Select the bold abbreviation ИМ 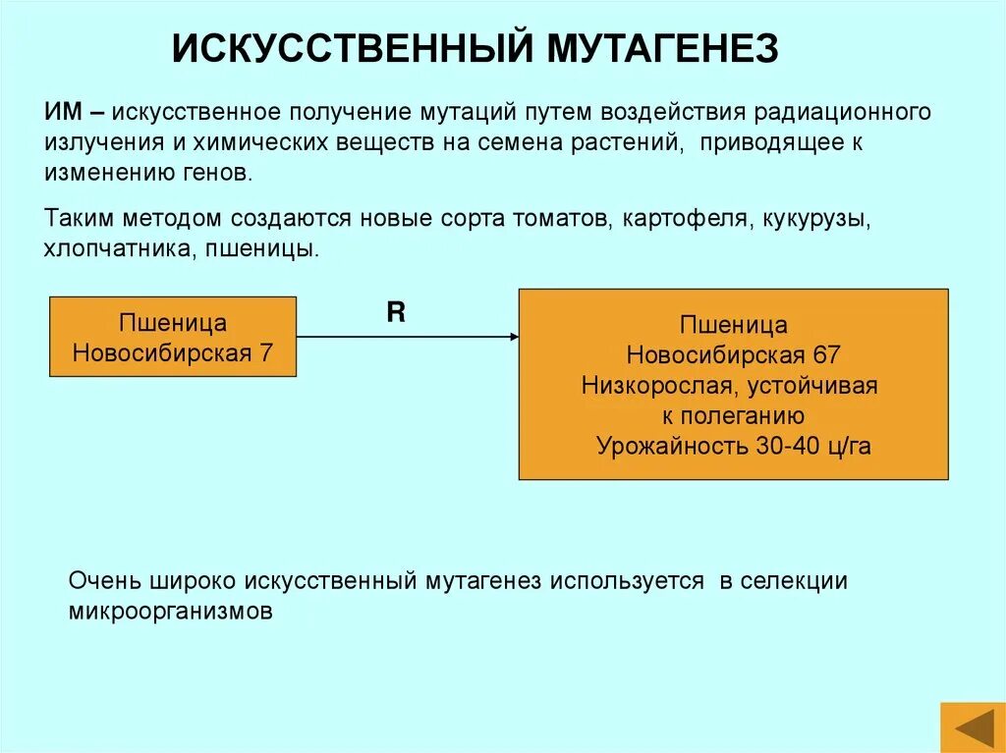pos(61,111)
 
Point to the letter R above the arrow pos(396,313)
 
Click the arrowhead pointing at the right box pos(513,338)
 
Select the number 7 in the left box pos(265,353)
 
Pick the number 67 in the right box pos(825,354)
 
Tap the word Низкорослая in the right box pos(641,385)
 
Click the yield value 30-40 pos(790,446)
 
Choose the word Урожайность pos(672,446)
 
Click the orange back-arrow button pos(971,727)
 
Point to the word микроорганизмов pos(170,611)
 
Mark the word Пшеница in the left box pos(173,323)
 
